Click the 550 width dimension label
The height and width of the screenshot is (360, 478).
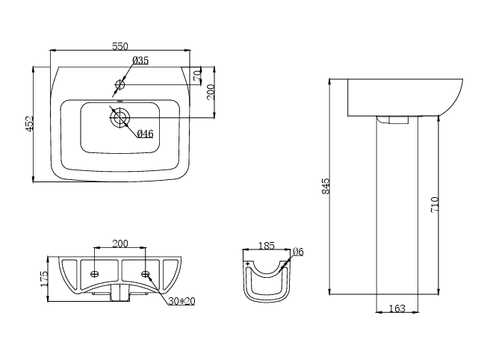coord(119,46)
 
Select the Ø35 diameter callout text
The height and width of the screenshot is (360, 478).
coord(140,60)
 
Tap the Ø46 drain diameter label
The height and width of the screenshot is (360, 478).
coord(145,134)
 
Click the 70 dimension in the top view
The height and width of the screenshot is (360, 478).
coord(196,75)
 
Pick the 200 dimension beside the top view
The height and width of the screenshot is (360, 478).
coord(211,91)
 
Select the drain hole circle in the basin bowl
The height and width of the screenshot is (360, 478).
coord(120,116)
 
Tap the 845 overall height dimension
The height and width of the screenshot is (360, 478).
coord(326,187)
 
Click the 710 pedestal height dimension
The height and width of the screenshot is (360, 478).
coord(435,203)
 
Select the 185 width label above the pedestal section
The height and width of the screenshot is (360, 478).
coord(266,245)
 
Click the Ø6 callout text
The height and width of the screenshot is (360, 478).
coord(297,251)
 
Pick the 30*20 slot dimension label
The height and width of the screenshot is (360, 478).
coord(182,300)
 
